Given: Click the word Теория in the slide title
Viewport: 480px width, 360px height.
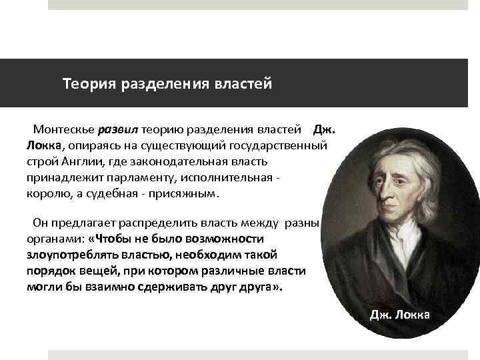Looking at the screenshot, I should pos(89,85).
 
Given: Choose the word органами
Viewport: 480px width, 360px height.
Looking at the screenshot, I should pos(54,239).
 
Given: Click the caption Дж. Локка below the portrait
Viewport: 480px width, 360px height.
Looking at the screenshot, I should pos(401,315).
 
